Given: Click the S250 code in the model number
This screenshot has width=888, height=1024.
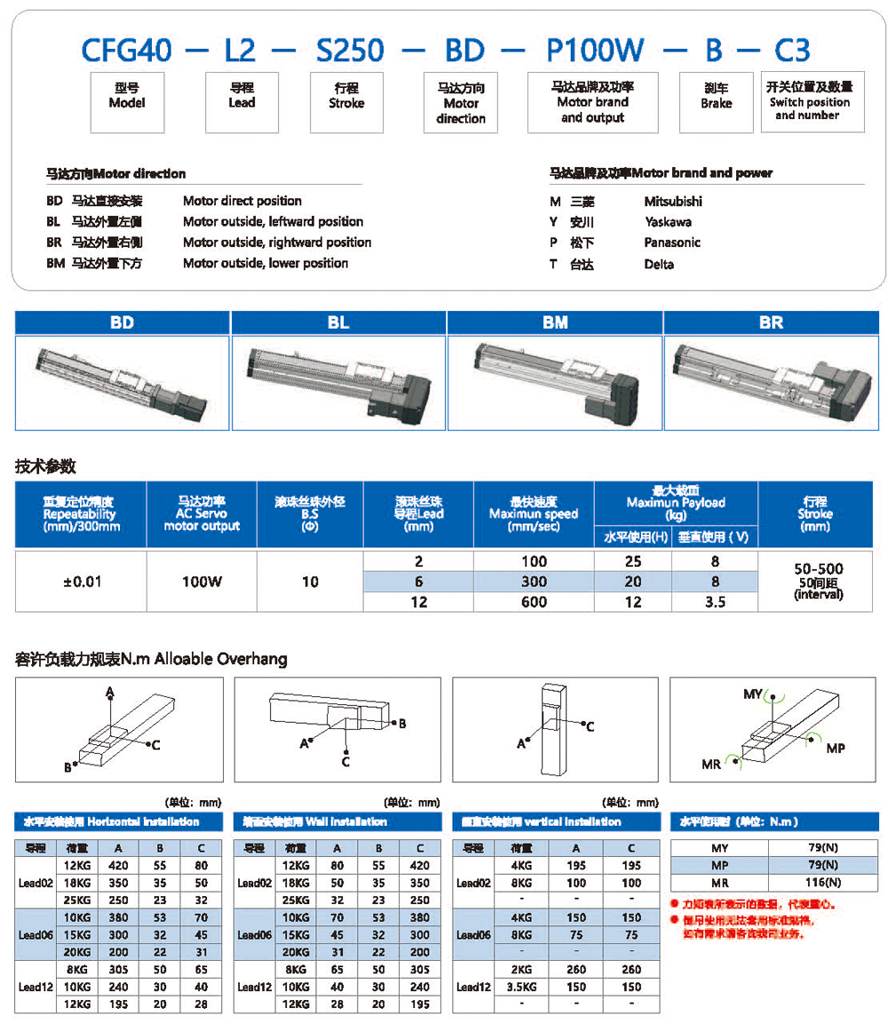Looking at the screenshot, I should click(x=350, y=50).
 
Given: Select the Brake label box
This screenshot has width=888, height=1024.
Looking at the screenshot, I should click(x=716, y=97).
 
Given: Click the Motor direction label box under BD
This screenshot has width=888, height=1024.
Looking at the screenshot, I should click(x=460, y=103).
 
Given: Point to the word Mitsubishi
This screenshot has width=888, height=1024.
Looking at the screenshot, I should click(x=673, y=202).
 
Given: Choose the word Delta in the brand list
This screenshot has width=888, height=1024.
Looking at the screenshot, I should click(x=659, y=264).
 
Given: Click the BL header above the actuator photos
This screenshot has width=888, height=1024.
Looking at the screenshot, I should click(x=337, y=322).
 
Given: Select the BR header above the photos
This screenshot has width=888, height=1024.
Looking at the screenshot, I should click(x=771, y=322).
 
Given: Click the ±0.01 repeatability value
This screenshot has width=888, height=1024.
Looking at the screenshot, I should click(x=80, y=582).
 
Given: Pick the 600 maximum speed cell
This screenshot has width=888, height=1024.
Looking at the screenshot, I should click(x=533, y=602).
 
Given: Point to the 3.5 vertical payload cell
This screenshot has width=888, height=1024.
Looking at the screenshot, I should click(x=714, y=602).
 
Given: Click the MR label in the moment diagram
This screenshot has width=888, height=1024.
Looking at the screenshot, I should click(x=711, y=765).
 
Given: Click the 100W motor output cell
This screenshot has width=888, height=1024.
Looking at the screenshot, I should click(x=201, y=582).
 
